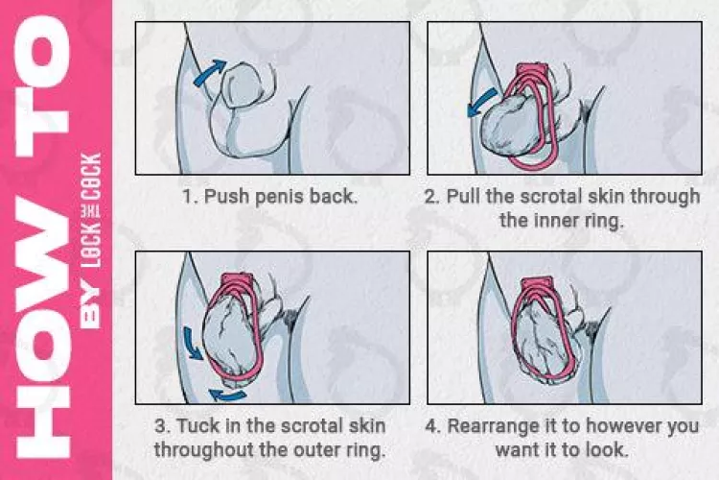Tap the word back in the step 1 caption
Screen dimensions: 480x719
click(336, 197)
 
